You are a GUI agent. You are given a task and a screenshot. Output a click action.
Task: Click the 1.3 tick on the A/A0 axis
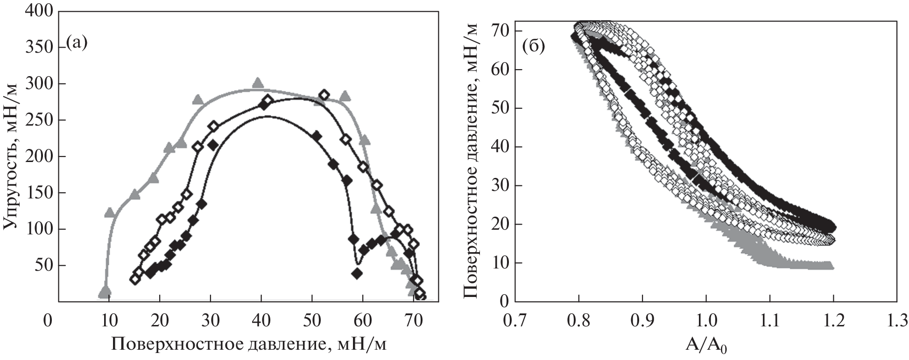(896, 322)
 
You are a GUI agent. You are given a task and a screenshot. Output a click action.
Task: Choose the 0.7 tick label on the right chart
(515, 322)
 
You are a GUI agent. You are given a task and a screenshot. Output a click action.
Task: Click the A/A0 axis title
(707, 346)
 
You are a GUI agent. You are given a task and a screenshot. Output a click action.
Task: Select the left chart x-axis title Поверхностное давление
(219, 344)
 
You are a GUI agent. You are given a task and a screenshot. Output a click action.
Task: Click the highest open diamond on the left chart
(324, 95)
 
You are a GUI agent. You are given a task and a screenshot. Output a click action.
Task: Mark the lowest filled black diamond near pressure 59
(357, 274)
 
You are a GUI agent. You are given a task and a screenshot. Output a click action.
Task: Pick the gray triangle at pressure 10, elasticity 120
(110, 212)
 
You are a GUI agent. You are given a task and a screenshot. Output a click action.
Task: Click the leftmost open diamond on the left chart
(135, 279)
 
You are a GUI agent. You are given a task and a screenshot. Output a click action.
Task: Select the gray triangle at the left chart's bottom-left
(105, 291)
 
